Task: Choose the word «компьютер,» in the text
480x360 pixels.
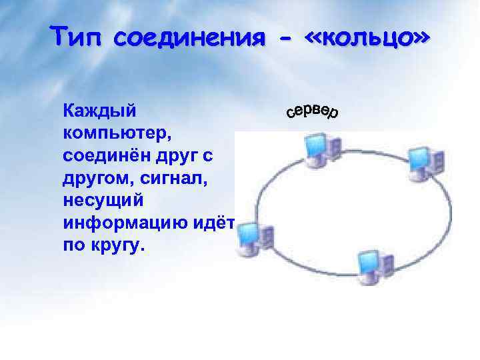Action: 118,131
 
